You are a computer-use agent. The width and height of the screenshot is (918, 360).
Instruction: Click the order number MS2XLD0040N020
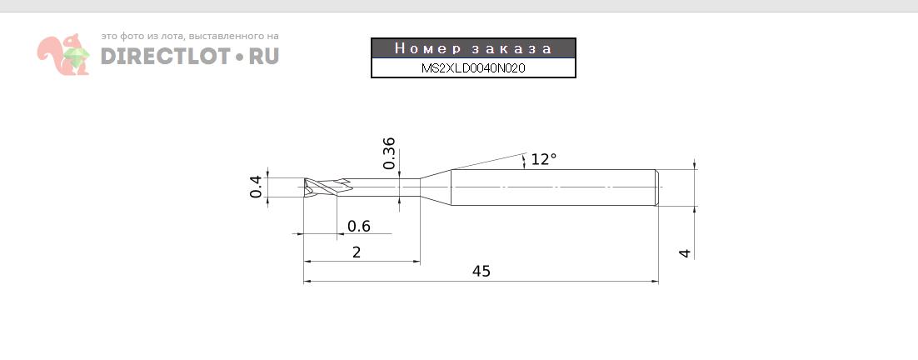click(473, 67)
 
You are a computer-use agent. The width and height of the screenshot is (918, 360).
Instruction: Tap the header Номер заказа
click(473, 48)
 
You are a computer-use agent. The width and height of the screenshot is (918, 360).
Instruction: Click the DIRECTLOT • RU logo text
click(190, 56)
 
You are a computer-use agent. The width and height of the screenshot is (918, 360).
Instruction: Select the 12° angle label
click(543, 159)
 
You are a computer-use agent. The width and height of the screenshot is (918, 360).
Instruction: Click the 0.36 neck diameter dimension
click(389, 153)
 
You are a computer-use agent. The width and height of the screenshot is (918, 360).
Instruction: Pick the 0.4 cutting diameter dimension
click(256, 187)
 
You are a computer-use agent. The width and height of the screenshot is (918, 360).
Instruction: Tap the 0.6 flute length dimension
click(359, 226)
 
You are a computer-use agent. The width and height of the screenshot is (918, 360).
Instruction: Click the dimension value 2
click(357, 252)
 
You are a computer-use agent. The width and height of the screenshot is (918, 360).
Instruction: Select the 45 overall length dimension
click(481, 272)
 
